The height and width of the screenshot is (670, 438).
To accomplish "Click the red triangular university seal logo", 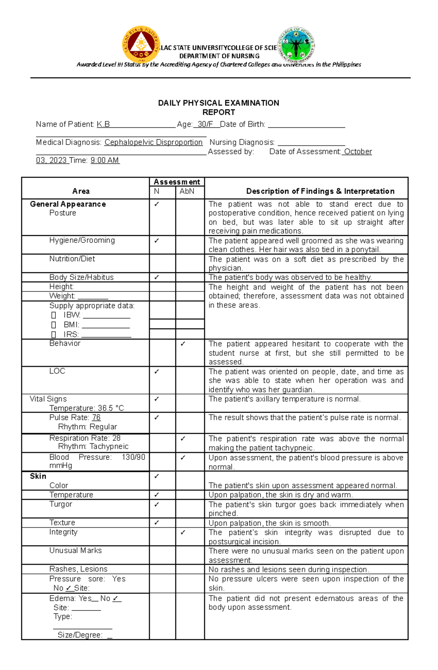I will [141, 45].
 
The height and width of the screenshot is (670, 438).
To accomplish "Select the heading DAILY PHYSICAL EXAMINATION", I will [219, 103].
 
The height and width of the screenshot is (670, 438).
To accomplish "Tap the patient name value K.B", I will [103, 125].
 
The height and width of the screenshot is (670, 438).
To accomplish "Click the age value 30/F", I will [205, 125].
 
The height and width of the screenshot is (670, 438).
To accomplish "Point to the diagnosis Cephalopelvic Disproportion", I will [153, 142].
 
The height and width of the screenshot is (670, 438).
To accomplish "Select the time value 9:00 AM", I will [105, 160].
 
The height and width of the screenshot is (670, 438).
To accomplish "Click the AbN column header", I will [187, 191].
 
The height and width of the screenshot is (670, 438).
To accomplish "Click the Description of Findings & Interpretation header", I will [320, 191].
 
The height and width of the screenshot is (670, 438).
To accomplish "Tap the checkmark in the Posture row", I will [157, 204].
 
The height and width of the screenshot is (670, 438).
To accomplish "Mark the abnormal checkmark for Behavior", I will [183, 344].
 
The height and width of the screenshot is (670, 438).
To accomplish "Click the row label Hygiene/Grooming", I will [82, 240].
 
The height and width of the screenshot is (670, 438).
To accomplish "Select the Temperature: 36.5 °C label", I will [87, 408].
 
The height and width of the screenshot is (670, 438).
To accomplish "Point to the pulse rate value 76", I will [96, 417].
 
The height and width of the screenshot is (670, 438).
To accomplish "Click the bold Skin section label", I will [38, 476].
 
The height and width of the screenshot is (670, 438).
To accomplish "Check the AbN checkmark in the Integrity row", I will [183, 533].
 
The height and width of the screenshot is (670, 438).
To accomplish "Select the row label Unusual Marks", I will [76, 551].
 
